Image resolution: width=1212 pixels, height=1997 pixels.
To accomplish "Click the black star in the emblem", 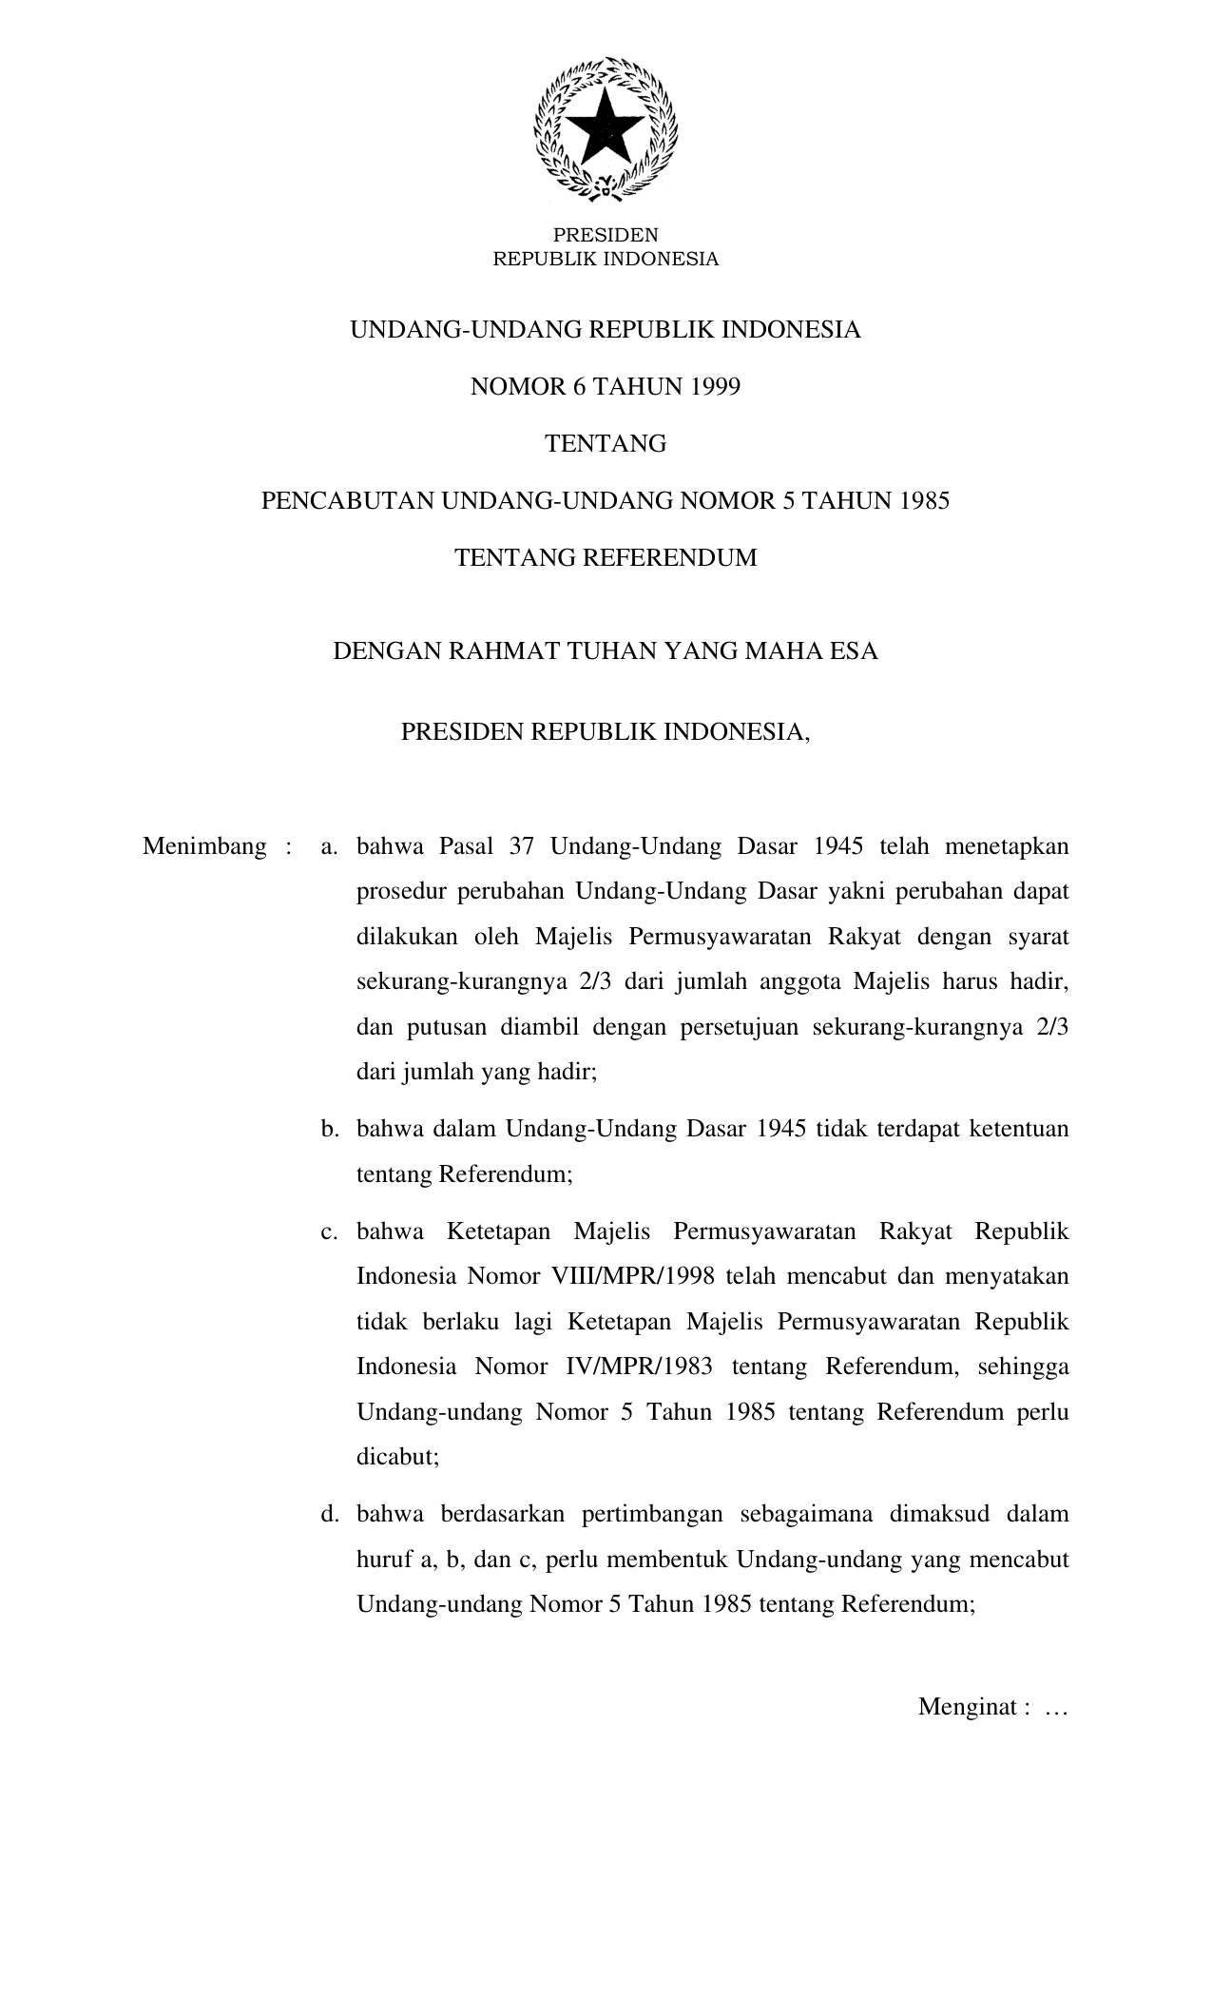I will pos(606,128).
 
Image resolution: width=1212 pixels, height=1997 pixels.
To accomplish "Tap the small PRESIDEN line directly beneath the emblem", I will pos(606,235).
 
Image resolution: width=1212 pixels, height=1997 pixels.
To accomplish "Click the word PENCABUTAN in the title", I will pos(347,501).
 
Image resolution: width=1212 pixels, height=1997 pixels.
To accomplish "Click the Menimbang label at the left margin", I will pos(204,846).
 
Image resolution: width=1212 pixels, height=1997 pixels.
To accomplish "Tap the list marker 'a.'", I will pos(330,846).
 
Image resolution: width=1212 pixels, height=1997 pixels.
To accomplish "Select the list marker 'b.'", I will pos(330,1129).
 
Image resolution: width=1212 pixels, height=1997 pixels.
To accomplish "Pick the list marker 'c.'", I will pos(330,1231).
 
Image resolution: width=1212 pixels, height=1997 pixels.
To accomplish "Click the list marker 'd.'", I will pos(330,1513).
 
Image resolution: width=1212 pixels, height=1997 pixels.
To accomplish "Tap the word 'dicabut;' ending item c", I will pos(397,1457).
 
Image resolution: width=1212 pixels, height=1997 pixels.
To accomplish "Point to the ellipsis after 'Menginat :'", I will pos(1056,1709).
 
